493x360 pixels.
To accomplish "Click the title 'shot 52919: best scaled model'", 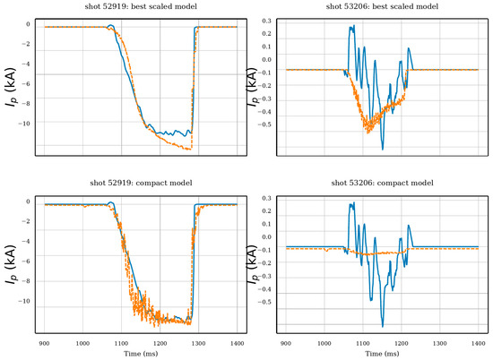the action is coord(141,6).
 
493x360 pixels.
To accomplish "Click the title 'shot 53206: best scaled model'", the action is coord(382,6).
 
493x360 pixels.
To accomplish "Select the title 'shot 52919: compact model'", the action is coord(141,183).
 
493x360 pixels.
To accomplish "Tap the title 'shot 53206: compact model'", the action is coord(382,183).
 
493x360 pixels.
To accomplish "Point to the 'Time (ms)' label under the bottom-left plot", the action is coord(141,354).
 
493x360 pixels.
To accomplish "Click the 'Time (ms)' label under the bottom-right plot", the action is coord(382,354).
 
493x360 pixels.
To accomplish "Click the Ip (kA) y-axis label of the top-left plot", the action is coord(11,87).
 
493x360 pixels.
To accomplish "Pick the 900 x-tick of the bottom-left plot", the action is coord(44,343).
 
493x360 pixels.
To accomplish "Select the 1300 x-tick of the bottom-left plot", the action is coord(198,343).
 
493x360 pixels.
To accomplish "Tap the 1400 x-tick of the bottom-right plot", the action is coord(479,343).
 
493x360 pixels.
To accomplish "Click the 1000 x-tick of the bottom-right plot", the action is coord(324,343).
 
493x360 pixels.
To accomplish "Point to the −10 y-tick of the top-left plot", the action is coord(24,124).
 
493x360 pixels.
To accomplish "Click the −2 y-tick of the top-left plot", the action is coord(26,44).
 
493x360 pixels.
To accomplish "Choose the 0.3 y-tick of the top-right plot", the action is coord(266,21).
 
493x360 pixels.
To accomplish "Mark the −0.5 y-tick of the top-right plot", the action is coord(264,124).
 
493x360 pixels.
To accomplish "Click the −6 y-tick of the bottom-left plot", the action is coord(26,261).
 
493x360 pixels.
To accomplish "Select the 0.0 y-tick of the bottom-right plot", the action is coord(266,236).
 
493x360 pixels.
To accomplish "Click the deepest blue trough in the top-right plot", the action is coord(383,150).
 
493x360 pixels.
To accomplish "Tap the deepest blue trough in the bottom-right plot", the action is coord(383,327).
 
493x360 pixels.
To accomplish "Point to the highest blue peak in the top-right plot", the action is coord(354,25).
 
